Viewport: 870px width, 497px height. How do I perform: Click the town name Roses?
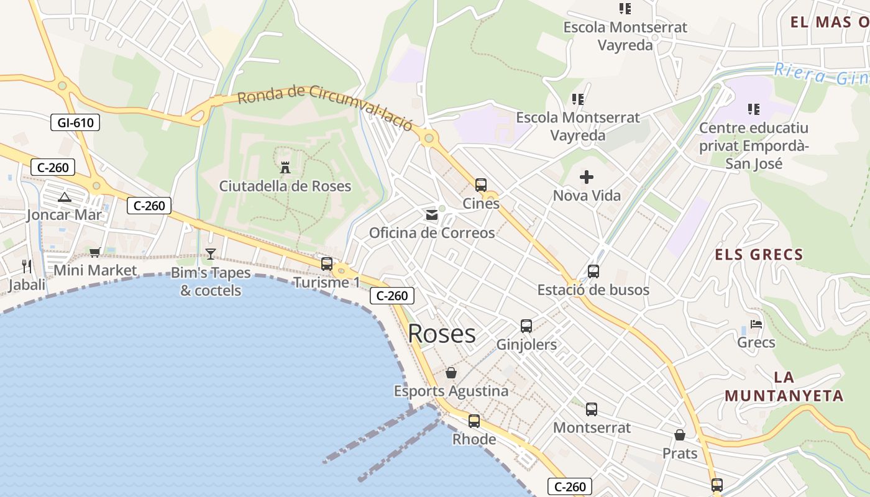tap(442, 334)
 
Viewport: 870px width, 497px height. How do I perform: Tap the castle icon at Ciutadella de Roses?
tap(285, 167)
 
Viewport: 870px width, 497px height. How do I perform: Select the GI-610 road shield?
tap(75, 122)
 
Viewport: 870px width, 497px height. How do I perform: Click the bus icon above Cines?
tap(481, 185)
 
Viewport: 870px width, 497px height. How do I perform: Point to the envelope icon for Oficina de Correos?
tap(431, 215)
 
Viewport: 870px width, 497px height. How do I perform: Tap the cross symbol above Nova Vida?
tap(586, 178)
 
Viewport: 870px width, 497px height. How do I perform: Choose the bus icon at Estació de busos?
tap(593, 271)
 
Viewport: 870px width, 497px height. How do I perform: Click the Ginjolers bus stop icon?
tap(526, 326)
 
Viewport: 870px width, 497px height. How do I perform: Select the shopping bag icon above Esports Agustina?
tap(451, 373)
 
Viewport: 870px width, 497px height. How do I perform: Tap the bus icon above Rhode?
tap(474, 421)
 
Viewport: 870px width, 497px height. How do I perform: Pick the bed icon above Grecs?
tap(756, 324)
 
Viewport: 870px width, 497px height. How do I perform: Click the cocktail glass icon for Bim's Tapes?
tap(211, 254)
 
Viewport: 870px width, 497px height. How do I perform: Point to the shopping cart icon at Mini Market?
tap(94, 252)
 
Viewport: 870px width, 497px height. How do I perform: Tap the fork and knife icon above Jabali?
tap(27, 267)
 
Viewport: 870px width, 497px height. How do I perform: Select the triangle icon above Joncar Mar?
tap(64, 198)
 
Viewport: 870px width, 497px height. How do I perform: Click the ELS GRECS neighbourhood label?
tap(759, 254)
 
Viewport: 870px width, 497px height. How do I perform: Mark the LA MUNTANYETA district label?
tap(784, 386)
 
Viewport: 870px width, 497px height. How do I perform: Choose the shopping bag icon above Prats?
tap(680, 435)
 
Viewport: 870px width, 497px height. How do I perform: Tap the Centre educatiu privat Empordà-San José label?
tap(754, 145)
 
